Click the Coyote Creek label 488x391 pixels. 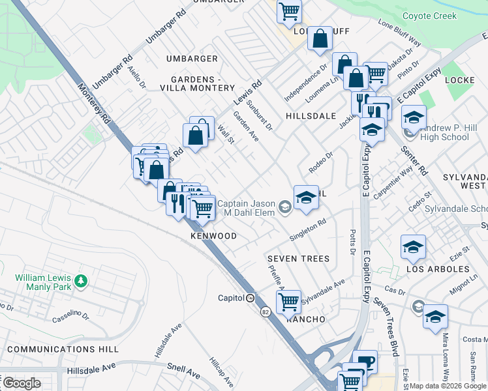coord(429,16)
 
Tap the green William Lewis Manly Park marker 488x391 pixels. coord(80,281)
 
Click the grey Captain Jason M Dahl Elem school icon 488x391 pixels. coord(284,208)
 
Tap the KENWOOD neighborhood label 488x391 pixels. coord(213,235)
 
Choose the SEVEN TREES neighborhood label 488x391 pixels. coord(298,259)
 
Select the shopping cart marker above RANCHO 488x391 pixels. coord(288,301)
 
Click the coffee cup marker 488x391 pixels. coord(365,360)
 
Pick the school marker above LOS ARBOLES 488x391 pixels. coord(413,247)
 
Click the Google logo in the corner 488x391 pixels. coord(21,383)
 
